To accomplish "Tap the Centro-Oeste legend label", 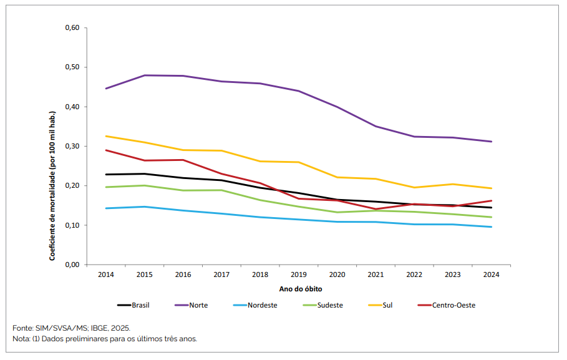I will [x=453, y=305].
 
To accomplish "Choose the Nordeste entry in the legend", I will [x=262, y=305].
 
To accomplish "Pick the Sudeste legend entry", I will [x=329, y=305].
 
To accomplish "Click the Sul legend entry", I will [x=387, y=305].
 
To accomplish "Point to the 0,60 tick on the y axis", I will [x=72, y=28].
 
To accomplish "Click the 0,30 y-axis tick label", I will [x=72, y=147].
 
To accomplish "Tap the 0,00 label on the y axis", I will [x=72, y=265].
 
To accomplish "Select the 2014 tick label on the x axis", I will [x=106, y=275].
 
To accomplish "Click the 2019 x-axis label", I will [x=299, y=275].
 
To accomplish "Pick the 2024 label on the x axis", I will [x=491, y=275].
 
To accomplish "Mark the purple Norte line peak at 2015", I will [x=145, y=75].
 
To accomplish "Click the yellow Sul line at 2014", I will [x=106, y=136].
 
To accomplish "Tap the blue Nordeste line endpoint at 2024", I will [x=492, y=227].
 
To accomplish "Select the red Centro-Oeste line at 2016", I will [x=183, y=160].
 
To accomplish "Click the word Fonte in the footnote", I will [x=22, y=328].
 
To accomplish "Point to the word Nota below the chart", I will [x=21, y=339].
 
